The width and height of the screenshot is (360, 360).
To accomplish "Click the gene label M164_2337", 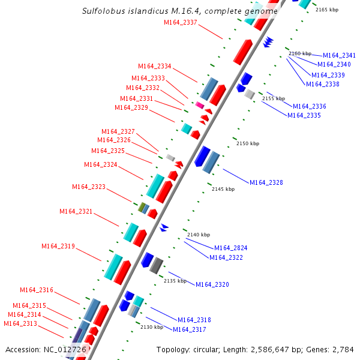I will click(181, 23).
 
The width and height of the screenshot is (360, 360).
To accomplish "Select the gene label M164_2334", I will click(155, 67).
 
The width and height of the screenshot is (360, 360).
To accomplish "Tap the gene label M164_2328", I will click(266, 182).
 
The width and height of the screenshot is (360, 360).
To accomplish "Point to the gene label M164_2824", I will click(231, 248).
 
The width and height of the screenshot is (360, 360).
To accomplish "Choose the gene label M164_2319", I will click(58, 246).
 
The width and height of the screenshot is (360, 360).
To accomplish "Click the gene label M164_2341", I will click(340, 55).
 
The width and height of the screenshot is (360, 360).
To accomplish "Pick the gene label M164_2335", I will click(304, 115).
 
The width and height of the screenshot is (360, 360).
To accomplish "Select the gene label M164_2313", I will click(20, 323).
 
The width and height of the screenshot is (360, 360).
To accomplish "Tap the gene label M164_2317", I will click(190, 329).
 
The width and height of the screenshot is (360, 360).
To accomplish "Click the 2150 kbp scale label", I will click(248, 143).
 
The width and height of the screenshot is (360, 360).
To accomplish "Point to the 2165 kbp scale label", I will click(327, 10).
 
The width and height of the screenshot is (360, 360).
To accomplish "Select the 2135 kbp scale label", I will click(175, 281).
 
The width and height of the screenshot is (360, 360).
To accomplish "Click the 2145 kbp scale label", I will click(223, 189).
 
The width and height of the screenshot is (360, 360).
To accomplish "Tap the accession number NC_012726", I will click(65, 349).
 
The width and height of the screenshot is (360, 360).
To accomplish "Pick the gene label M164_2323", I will click(89, 187).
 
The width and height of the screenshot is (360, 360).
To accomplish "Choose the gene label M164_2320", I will click(212, 284).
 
